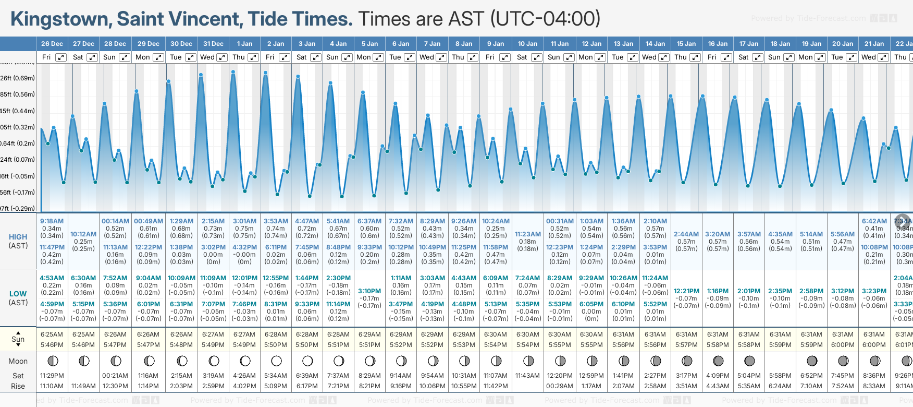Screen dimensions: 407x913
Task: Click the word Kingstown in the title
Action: click(x=60, y=19)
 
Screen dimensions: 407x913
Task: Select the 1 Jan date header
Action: click(x=244, y=44)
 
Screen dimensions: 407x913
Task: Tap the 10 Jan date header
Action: click(x=527, y=44)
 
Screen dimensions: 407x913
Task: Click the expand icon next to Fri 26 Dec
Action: click(x=61, y=57)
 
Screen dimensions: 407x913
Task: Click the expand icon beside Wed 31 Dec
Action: click(x=221, y=57)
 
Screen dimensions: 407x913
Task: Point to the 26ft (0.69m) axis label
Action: click(x=18, y=78)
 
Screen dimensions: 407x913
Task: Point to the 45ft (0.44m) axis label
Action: click(x=18, y=111)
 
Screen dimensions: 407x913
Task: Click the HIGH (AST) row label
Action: click(x=18, y=241)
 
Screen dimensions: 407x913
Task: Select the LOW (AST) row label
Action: click(x=18, y=298)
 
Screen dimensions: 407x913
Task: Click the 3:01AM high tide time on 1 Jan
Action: click(x=244, y=221)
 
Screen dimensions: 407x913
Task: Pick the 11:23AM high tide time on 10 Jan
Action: click(x=527, y=234)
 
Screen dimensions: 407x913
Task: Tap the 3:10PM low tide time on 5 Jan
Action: click(x=369, y=291)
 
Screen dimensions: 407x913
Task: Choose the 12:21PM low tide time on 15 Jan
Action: click(x=686, y=291)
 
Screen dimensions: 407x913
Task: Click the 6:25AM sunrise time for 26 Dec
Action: click(x=52, y=334)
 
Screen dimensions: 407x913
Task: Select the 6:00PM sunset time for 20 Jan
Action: click(x=843, y=345)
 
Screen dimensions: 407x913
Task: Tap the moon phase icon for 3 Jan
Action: click(x=307, y=361)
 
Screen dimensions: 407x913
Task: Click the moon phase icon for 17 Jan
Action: click(x=749, y=361)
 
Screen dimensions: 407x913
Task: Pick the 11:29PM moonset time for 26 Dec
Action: click(x=52, y=376)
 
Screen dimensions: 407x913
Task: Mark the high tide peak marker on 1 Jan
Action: click(x=233, y=71)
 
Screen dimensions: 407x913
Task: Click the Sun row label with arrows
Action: click(x=18, y=339)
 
